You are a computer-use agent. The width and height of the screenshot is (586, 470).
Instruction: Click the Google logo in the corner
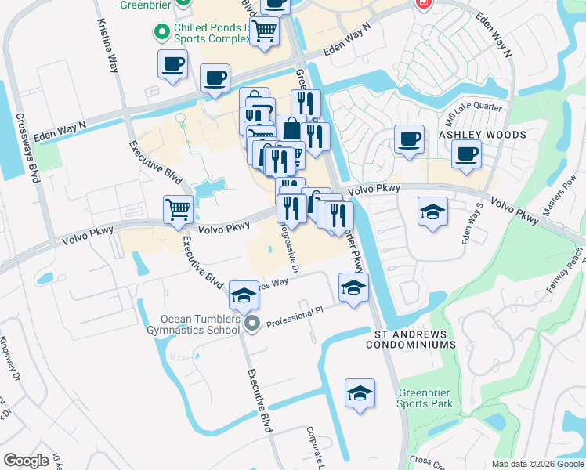[27, 461]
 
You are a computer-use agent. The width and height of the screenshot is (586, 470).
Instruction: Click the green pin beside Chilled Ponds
[162, 31]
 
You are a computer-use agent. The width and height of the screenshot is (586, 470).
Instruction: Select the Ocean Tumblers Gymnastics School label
[200, 324]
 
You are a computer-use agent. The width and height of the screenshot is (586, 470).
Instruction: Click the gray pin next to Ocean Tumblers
[251, 323]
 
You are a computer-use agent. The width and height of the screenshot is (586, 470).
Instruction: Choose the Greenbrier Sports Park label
[425, 398]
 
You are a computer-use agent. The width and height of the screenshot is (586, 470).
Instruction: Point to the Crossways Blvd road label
[27, 148]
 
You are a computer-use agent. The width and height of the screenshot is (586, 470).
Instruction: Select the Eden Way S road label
[472, 224]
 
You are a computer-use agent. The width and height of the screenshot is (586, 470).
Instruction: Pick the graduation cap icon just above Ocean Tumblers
[244, 295]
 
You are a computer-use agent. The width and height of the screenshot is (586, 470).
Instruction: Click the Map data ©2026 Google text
[536, 464]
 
